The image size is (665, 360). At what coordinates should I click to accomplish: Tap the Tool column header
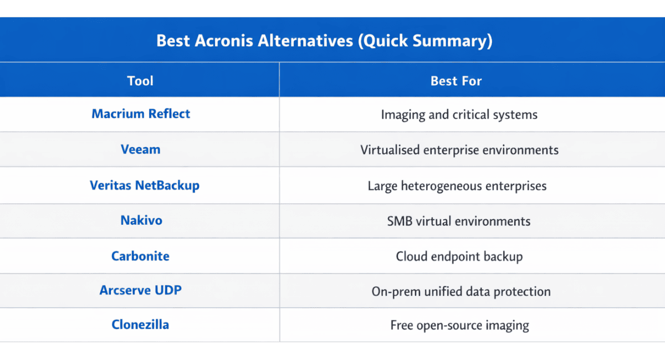[x=140, y=81]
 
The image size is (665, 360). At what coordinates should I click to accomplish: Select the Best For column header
[x=456, y=81]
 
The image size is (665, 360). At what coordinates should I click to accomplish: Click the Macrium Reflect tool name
[x=141, y=114]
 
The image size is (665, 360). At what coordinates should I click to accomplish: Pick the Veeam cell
[x=140, y=150]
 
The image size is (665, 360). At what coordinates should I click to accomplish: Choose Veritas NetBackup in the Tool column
[x=145, y=186]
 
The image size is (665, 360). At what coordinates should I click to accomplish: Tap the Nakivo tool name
[x=141, y=220]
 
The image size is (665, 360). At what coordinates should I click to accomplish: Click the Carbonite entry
[x=140, y=256]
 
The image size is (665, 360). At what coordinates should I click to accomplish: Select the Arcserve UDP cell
[x=140, y=290]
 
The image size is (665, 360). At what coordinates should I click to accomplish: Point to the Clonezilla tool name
[x=140, y=325]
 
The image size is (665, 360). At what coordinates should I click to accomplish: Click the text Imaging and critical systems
[x=459, y=115]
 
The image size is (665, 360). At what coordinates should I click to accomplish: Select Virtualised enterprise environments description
[x=459, y=150]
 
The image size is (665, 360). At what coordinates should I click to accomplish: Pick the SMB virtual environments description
[x=459, y=222]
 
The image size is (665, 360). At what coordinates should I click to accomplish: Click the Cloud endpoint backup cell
[x=459, y=257]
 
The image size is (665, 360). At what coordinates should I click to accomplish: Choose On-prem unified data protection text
[x=461, y=292]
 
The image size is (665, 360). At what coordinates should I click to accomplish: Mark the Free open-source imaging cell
[x=459, y=326]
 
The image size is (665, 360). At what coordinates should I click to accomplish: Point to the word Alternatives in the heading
[x=305, y=40]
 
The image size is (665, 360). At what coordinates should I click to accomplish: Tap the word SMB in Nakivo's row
[x=400, y=222]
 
